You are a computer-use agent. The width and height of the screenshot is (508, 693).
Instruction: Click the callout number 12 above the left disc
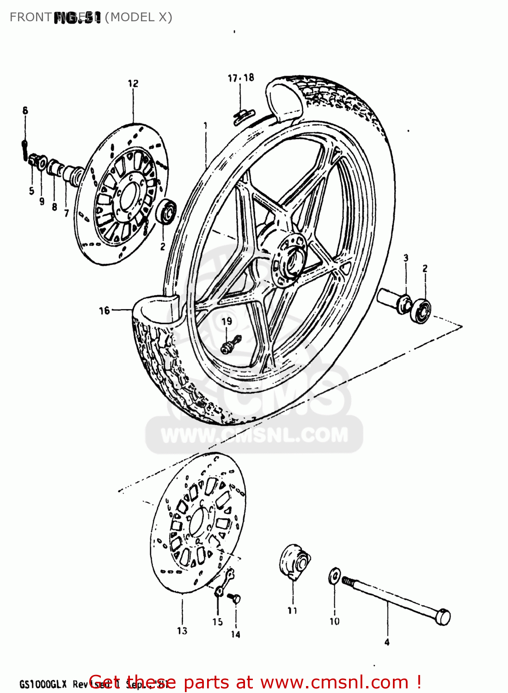133,84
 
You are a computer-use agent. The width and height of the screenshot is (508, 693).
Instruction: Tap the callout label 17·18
241,78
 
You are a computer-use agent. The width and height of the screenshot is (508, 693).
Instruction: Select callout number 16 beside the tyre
104,310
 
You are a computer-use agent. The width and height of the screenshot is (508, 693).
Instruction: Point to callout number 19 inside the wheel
226,321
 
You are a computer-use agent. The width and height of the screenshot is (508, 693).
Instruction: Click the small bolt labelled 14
235,599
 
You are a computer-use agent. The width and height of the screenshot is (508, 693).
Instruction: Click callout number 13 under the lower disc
182,631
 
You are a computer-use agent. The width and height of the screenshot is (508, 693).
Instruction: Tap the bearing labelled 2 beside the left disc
166,212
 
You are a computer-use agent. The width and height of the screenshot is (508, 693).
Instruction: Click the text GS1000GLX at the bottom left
43,684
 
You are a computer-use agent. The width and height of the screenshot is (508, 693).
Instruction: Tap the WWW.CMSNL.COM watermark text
254,435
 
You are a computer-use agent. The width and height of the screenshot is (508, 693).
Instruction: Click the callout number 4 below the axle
387,642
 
